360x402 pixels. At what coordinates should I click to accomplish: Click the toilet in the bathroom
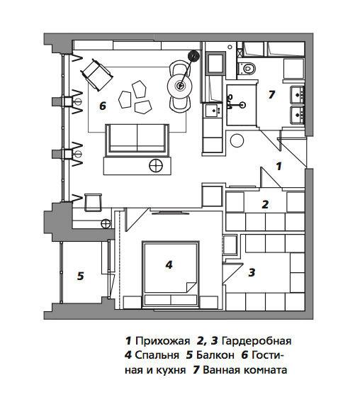coord(247,69)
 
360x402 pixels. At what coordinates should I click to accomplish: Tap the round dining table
coord(180,86)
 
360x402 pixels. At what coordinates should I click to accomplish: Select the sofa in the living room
coord(137,140)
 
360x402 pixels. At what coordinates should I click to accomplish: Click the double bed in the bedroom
coord(171,274)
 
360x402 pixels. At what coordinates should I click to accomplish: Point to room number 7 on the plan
coord(271,94)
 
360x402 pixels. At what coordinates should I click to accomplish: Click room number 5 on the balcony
coord(81,276)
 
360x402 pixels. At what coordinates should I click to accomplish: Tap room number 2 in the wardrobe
coord(265,204)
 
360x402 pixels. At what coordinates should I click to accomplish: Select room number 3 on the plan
coord(252,272)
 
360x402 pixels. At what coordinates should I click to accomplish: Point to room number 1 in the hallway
coord(279,166)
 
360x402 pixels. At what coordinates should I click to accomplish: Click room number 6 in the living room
coord(103,106)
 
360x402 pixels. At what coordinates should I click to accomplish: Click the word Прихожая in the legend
coord(162,341)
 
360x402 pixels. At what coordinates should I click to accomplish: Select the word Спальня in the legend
coord(157,356)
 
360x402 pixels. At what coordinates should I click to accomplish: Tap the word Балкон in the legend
coord(215,355)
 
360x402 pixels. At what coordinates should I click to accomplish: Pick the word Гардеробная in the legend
coord(257,341)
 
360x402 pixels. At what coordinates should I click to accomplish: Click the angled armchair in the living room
coord(96,74)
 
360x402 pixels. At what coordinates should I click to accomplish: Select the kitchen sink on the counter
coord(213,111)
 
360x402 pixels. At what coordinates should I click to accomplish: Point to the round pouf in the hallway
coord(237,141)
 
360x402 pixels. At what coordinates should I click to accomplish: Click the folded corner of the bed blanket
coord(191,287)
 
